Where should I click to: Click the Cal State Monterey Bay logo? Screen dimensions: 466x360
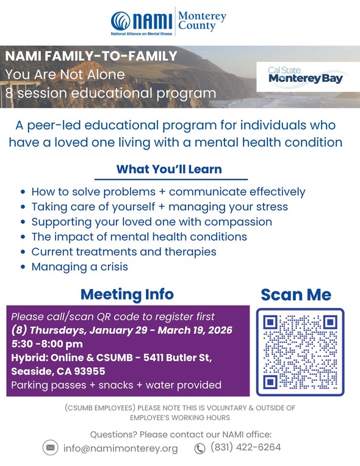306,76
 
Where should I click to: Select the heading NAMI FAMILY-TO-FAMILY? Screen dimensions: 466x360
92,57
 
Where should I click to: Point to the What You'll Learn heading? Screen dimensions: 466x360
169,168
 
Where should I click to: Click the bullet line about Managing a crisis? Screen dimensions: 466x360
79,267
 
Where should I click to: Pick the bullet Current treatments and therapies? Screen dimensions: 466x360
124,251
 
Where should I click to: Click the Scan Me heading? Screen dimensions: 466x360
296,295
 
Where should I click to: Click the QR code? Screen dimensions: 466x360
300,351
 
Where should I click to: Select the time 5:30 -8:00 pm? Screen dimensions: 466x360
47,344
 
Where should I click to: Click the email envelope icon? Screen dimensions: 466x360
50,448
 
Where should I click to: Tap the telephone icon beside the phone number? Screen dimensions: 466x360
200,449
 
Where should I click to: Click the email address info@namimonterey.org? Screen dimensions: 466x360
121,449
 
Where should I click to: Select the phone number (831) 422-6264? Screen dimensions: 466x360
245,448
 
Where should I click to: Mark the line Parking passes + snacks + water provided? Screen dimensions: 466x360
116,385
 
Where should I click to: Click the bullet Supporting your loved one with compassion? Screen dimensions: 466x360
152,221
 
